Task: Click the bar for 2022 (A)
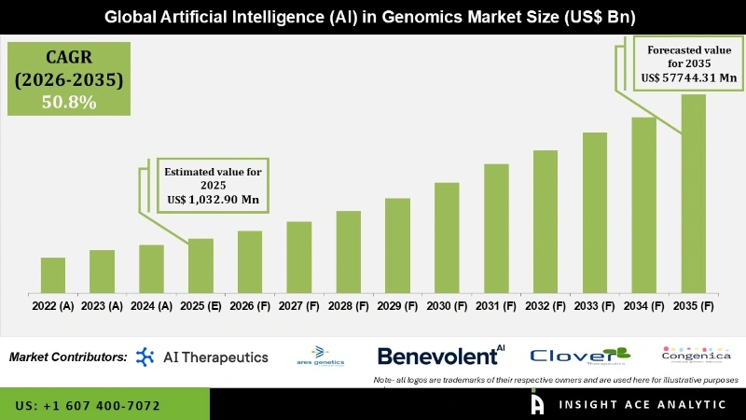tap(53, 274)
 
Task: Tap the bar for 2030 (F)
tap(448, 237)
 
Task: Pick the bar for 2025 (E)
tap(201, 265)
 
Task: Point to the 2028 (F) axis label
tap(349, 305)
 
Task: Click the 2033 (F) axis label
tap(595, 305)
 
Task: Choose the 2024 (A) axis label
tap(151, 305)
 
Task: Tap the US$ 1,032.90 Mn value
tap(213, 200)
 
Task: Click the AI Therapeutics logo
tap(202, 357)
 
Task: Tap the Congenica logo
tap(696, 355)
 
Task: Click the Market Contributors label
tap(68, 357)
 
